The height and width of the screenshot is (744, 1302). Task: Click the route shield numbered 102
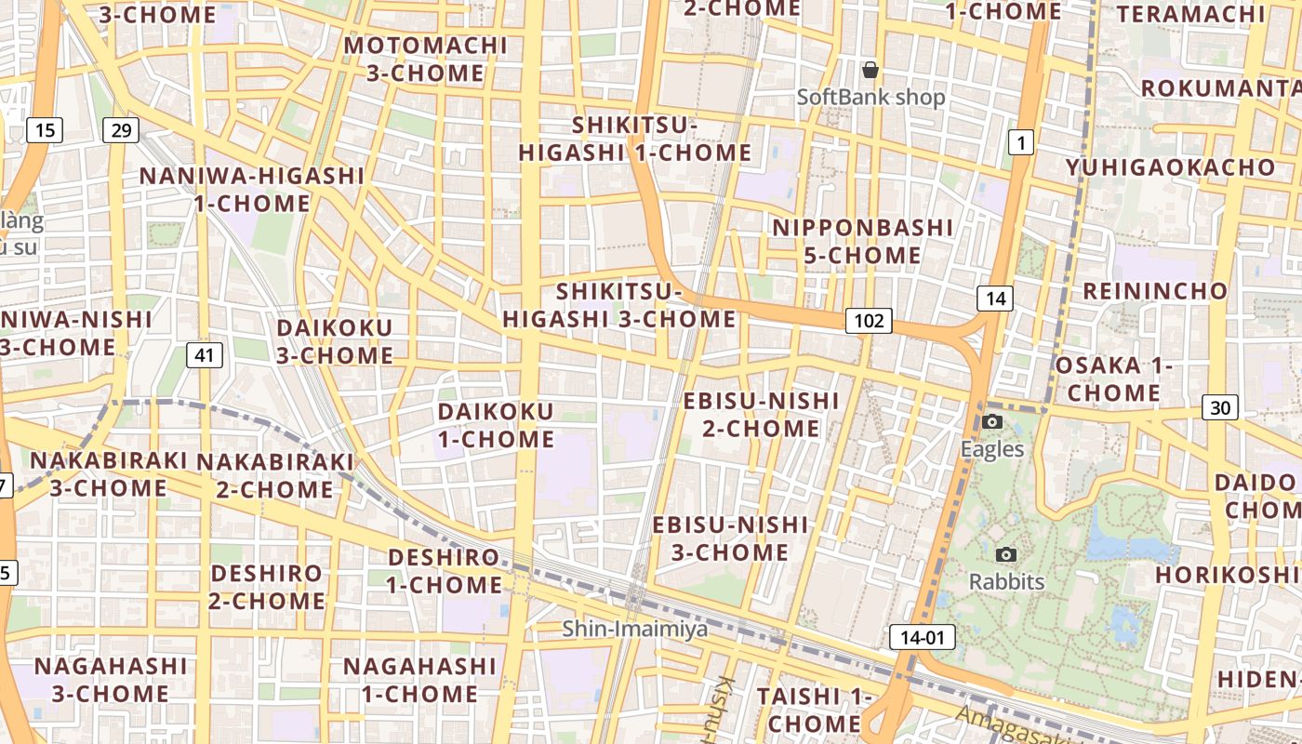coord(869,321)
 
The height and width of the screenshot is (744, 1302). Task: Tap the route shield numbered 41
coord(205,353)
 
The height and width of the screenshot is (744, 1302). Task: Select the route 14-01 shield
coord(923,637)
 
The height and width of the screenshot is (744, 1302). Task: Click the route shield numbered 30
coord(1220,406)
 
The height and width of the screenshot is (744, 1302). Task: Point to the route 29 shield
coord(121,129)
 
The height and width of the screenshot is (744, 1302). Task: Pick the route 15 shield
coord(45,129)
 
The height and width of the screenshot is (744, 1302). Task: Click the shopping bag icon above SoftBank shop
coord(870,70)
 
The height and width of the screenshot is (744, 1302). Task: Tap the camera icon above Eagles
coord(992,422)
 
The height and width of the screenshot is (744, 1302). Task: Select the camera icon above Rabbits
coord(1005,555)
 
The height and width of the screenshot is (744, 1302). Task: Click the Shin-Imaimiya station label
coord(635,630)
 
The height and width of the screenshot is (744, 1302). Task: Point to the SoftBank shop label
coord(870,97)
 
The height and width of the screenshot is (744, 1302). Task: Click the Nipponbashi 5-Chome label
coord(862,241)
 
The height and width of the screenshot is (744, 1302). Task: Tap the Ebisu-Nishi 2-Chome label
coord(761,414)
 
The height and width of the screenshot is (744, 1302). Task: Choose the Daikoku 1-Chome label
coord(496,424)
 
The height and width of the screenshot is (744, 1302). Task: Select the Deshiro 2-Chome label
coord(267,587)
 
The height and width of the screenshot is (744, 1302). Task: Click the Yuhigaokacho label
coord(1171,167)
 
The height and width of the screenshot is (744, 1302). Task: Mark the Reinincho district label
coord(1155,290)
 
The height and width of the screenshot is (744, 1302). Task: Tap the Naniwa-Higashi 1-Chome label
coord(252,189)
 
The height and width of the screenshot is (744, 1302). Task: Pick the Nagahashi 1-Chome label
coord(419,680)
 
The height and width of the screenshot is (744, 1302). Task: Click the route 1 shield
coord(1021,142)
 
